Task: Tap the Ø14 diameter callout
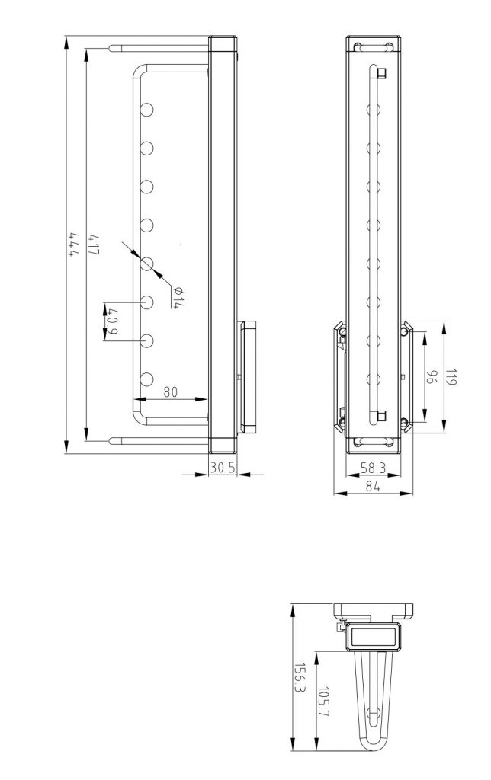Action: [178, 297]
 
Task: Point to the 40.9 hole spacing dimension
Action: [113, 321]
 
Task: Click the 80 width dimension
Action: [170, 392]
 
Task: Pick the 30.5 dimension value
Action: [222, 468]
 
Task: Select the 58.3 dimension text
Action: [374, 468]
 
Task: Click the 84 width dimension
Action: [374, 487]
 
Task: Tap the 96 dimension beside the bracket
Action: [431, 377]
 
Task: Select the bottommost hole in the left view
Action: [147, 379]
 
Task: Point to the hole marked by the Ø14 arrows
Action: [147, 264]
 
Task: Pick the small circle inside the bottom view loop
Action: [373, 714]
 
